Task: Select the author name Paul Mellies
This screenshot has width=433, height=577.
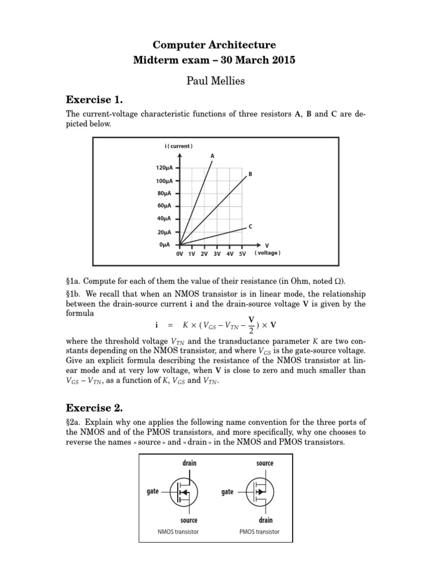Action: (216, 81)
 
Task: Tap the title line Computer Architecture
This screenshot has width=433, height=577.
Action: (216, 45)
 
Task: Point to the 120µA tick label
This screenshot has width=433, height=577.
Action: (165, 168)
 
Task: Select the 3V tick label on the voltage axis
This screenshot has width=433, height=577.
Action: (217, 254)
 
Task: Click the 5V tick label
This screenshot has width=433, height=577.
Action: (242, 254)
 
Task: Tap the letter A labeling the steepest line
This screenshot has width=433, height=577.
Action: (213, 155)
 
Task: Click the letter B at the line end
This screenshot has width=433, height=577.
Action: (250, 174)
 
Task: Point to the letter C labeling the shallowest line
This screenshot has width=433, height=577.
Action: (250, 226)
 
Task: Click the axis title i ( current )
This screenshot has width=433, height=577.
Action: (179, 146)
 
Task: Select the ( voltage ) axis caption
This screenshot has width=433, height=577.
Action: (267, 253)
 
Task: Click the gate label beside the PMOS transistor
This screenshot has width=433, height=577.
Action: (228, 491)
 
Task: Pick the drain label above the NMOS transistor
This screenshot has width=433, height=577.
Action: (189, 463)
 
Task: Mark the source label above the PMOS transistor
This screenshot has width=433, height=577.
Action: (264, 463)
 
